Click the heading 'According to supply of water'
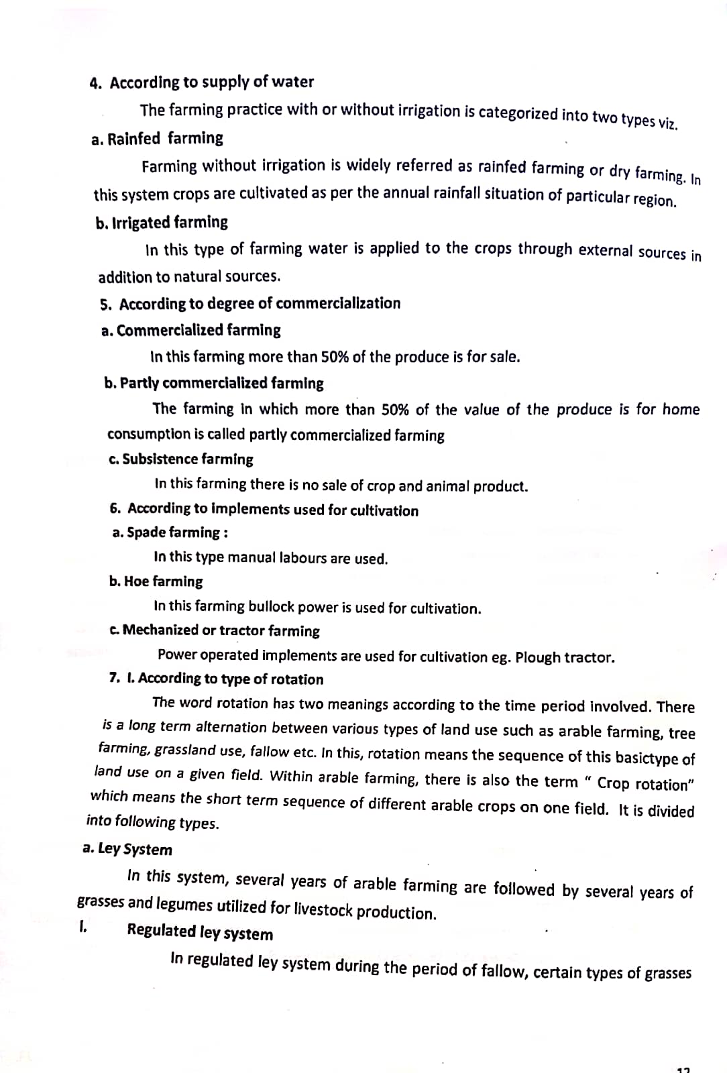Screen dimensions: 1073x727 pos(211,82)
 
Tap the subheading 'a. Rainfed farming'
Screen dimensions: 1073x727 pos(157,139)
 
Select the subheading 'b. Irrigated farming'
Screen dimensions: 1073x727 pos(162,222)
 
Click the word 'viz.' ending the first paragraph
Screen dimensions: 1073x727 pos(667,123)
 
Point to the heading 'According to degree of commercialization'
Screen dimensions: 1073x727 pos(260,304)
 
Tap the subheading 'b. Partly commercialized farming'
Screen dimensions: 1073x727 pos(214,384)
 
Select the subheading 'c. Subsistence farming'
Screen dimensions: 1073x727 pos(180,459)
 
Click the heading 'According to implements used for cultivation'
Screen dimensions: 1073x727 pos(273,510)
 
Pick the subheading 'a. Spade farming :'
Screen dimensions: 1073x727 pos(170,533)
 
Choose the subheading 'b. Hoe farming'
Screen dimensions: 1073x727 pos(156,581)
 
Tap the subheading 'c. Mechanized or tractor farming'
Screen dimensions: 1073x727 pos(214,631)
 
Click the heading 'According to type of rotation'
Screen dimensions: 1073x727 pos(231,679)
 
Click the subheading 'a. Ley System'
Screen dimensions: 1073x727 pos(127,849)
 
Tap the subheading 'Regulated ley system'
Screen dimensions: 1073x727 pos(200,932)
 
